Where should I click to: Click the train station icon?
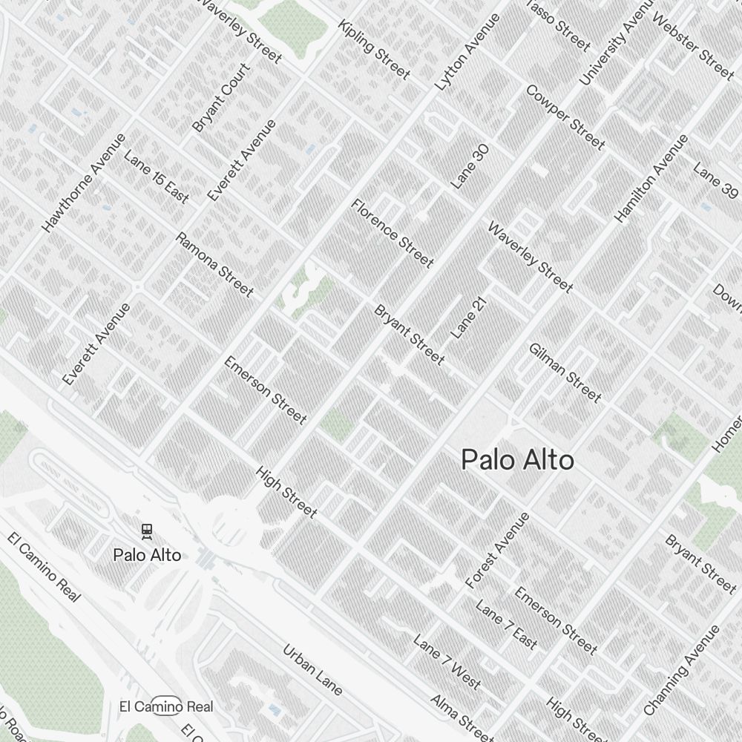147,531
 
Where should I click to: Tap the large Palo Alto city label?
517,460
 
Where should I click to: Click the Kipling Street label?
374,49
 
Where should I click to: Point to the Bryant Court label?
221,98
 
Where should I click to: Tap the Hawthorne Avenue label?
84,183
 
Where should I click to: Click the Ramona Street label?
214,263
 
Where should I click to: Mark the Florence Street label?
392,233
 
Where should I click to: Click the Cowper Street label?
565,116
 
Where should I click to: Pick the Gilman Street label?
565,372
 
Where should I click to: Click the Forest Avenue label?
498,551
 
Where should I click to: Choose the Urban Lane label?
312,670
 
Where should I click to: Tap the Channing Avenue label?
682,671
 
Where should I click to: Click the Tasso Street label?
557,26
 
